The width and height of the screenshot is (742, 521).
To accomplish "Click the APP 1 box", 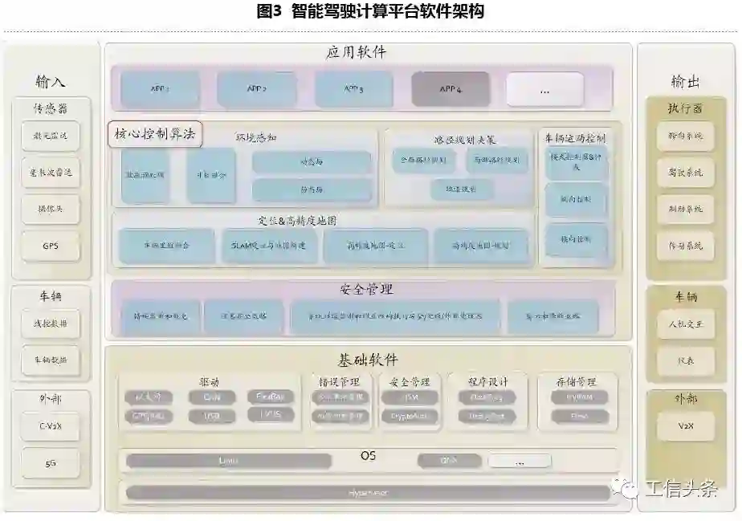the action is (157, 89).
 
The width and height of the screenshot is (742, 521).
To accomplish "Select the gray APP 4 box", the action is (450, 89).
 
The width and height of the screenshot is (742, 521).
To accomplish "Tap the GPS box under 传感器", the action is (51, 246).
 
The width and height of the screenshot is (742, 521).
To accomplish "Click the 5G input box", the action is (51, 464).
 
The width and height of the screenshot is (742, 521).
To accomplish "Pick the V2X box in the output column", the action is (686, 425).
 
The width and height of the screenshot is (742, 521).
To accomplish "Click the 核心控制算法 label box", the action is (155, 135).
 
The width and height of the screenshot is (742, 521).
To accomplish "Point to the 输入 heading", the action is (51, 82).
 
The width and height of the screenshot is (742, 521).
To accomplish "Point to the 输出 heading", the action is (685, 82).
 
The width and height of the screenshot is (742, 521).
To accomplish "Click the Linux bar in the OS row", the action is (228, 461).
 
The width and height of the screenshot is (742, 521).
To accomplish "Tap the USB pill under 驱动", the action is (212, 416).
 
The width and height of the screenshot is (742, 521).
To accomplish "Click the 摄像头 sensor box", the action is (51, 209).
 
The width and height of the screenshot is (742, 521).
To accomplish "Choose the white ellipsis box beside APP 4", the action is (544, 89).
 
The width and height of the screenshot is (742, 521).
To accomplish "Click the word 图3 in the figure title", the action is (268, 12).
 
